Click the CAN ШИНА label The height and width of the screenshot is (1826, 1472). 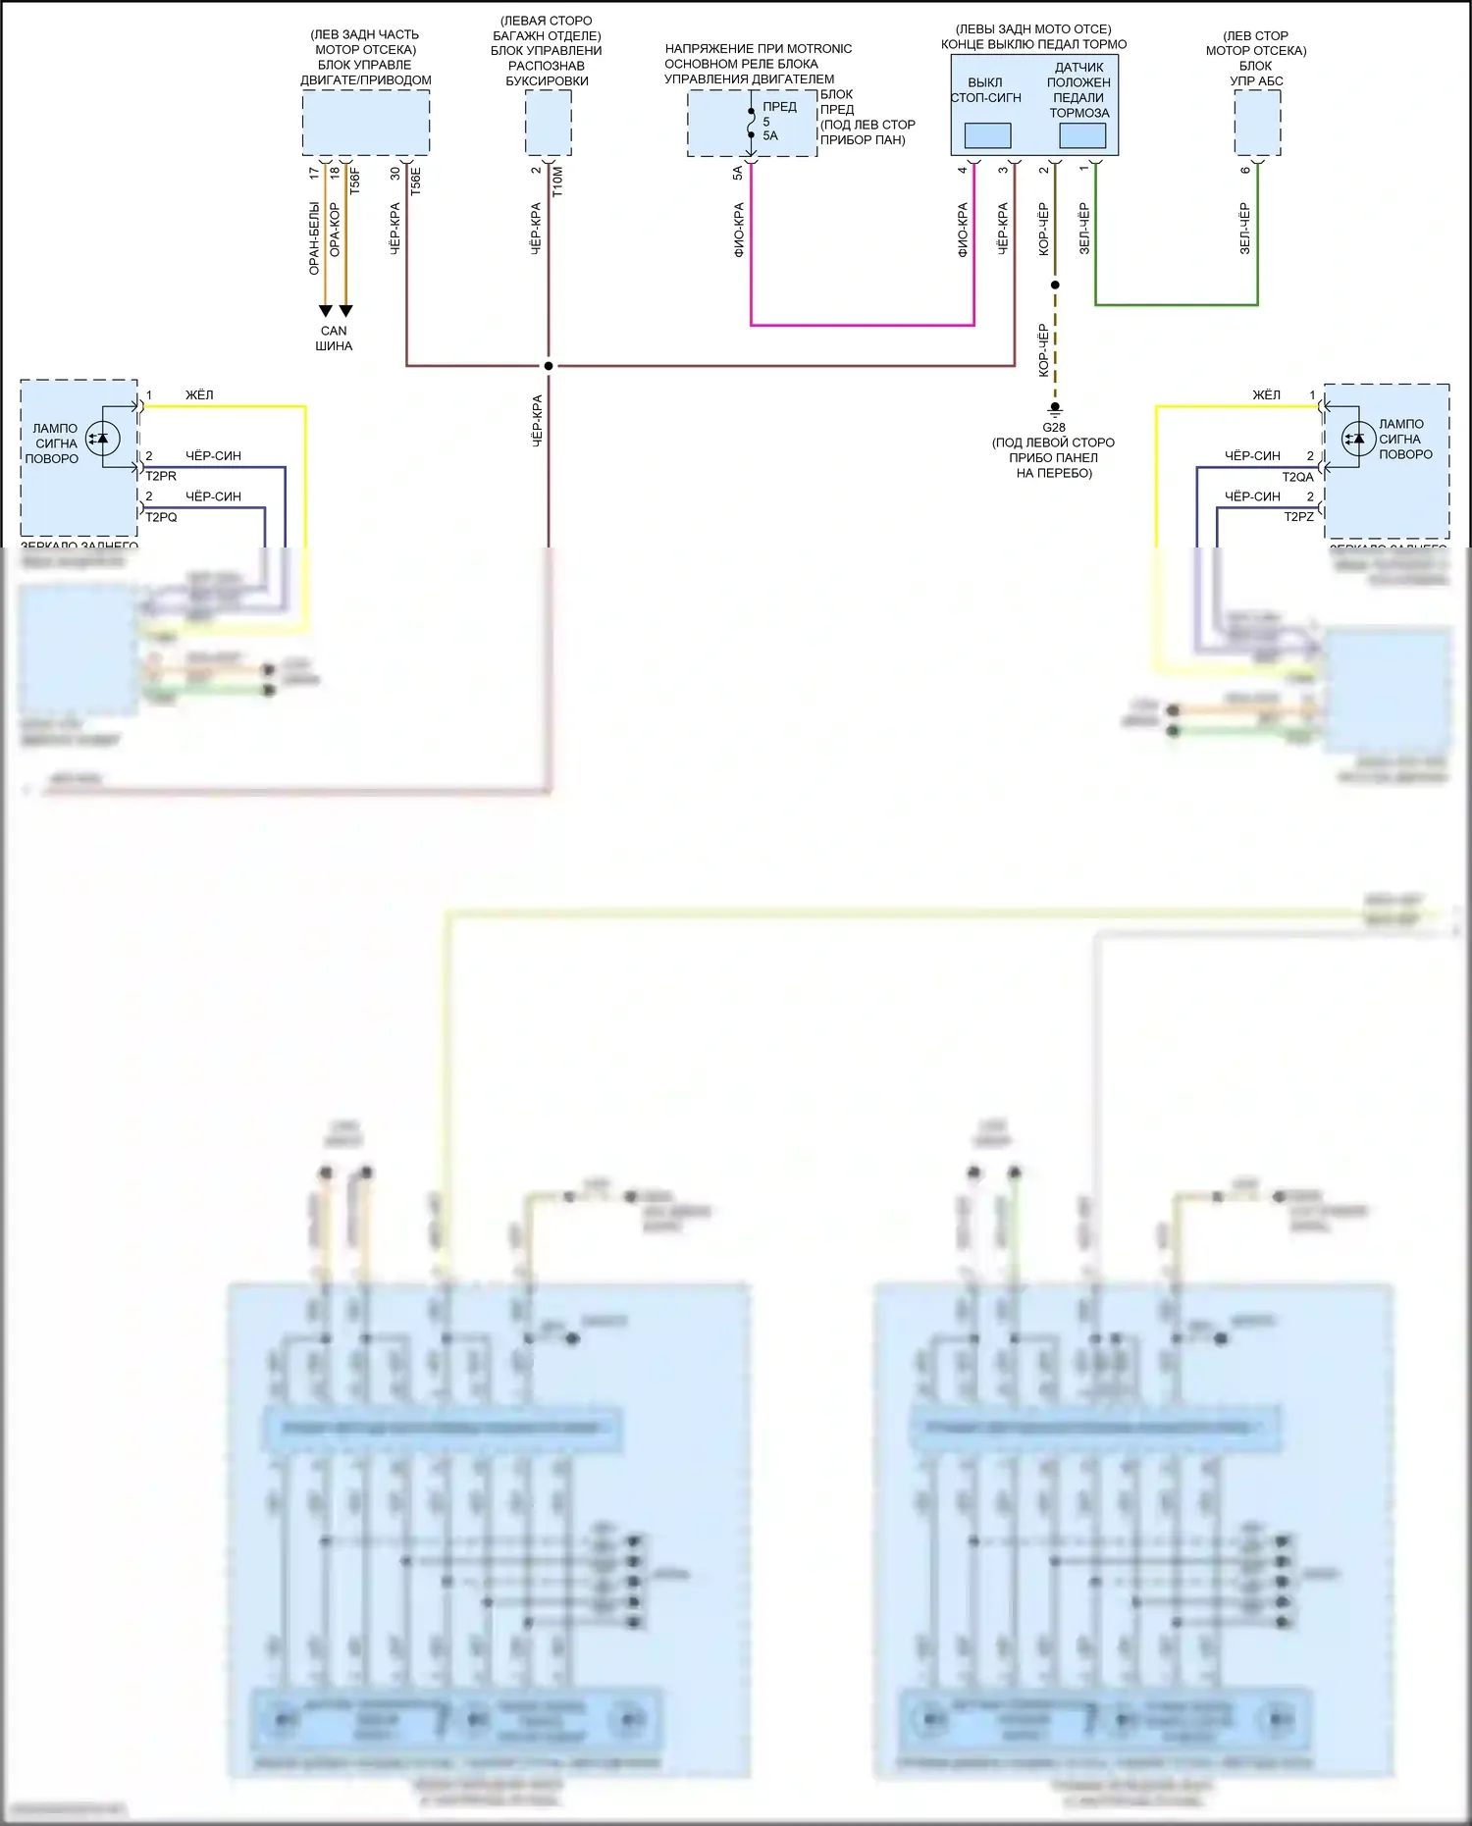pos(334,339)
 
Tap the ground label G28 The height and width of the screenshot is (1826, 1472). pos(1054,428)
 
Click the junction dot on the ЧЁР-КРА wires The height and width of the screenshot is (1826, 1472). pos(549,366)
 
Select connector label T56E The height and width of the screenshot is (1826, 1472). pos(416,182)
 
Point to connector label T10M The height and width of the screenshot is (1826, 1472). pos(557,182)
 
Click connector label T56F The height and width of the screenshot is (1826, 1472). pos(355,182)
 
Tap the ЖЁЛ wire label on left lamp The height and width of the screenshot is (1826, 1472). pos(199,395)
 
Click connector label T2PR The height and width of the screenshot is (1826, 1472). pos(162,477)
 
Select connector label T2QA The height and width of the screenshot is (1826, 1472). pos(1297,478)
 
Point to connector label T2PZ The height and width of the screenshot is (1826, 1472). pos(1298,517)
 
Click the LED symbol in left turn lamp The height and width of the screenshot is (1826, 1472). pos(102,439)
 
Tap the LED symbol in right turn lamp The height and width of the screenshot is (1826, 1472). pos(1358,439)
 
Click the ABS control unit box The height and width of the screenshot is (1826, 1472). pos(1257,123)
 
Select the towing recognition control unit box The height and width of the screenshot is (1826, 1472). pos(549,123)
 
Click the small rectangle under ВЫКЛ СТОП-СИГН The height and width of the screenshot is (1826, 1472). pos(987,135)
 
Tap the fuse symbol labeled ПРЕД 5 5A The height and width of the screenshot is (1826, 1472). pos(752,123)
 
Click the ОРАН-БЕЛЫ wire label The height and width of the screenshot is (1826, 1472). pos(314,238)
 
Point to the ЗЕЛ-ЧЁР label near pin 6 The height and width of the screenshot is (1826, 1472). pos(1244,229)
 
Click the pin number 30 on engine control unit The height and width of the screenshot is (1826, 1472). pos(395,173)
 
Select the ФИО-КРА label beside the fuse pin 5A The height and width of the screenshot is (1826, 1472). pos(739,231)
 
